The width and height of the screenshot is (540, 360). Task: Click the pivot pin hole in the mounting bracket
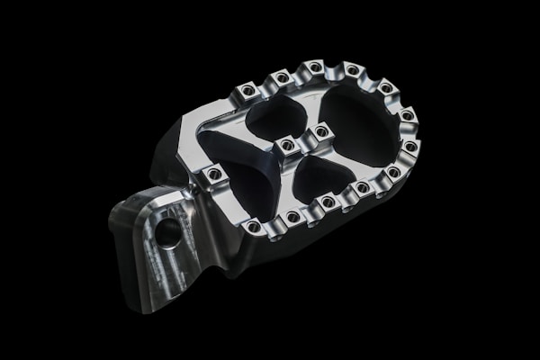[x=167, y=234]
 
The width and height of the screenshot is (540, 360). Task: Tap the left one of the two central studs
[x=287, y=145]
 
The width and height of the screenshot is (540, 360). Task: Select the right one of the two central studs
[x=320, y=133]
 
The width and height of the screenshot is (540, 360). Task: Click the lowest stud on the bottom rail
[x=255, y=227]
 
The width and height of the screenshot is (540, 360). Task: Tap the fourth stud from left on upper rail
[x=353, y=69]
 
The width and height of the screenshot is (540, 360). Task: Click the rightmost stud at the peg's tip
[x=410, y=146]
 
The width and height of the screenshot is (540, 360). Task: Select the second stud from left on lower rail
[x=292, y=216]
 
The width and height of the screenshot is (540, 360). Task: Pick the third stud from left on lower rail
[x=328, y=202]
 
